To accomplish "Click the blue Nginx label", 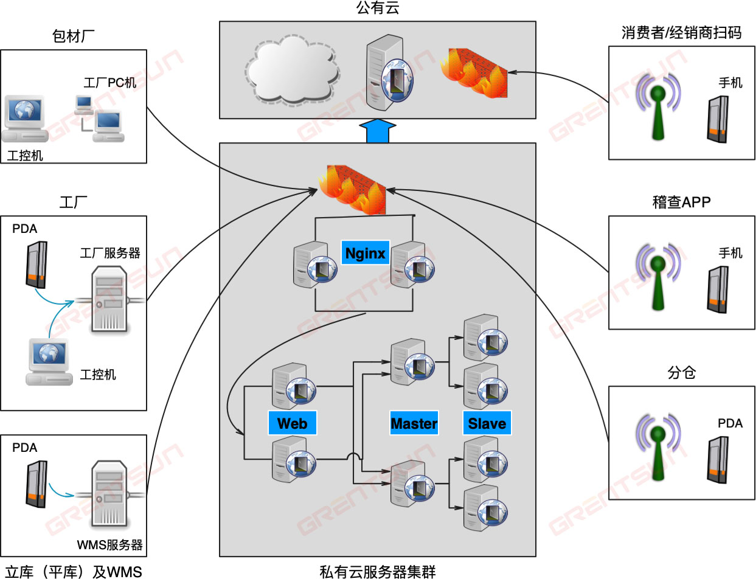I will point(365,252).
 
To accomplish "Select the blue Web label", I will point(292,423).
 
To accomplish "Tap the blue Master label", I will point(414,423).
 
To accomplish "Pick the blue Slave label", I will point(487,423).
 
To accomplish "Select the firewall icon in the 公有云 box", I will point(474,73).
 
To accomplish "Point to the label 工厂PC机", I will point(109,83).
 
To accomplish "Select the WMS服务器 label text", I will point(109,544).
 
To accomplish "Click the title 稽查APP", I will point(681,203).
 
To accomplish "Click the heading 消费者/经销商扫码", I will point(681,33).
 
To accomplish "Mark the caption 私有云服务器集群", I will point(377,571).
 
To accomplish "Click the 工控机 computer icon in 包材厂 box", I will point(24,119).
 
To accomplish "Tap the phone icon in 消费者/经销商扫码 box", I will point(718,120).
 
